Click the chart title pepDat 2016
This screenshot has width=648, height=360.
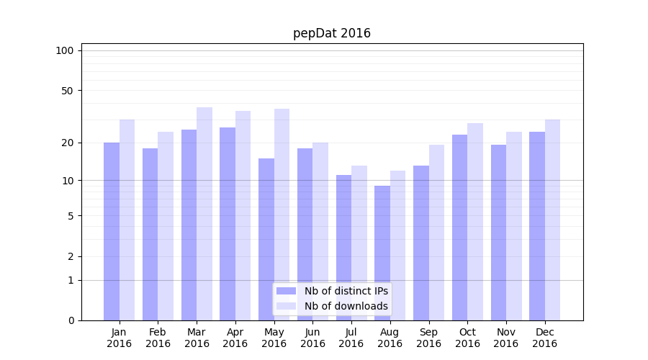(x=332, y=33)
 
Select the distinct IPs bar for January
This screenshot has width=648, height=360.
(x=112, y=230)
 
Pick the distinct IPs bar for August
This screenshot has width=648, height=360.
(x=382, y=252)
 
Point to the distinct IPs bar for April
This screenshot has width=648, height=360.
(x=228, y=223)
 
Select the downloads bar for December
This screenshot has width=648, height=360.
(x=552, y=220)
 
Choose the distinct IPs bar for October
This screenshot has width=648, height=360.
(x=460, y=227)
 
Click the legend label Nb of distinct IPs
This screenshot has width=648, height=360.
(x=346, y=291)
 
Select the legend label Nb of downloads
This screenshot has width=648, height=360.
(x=346, y=306)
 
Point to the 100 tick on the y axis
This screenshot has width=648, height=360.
(x=65, y=50)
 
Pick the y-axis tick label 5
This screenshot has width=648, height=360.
(x=71, y=216)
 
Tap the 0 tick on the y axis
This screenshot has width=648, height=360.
(x=71, y=320)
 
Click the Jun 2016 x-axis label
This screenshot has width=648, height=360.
(x=312, y=338)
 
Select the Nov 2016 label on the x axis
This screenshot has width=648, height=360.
(x=506, y=338)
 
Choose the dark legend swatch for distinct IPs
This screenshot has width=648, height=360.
(x=287, y=291)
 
